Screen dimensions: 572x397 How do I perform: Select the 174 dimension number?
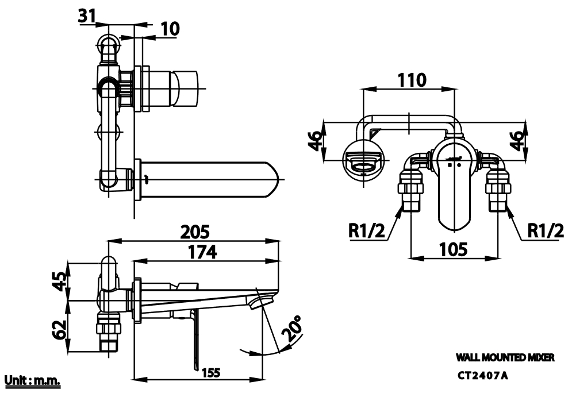pyautogui.click(x=202, y=252)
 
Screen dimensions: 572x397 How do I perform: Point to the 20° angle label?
pyautogui.click(x=292, y=329)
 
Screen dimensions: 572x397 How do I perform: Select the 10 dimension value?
pyautogui.click(x=170, y=29)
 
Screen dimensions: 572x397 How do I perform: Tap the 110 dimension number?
pyautogui.click(x=411, y=80)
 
